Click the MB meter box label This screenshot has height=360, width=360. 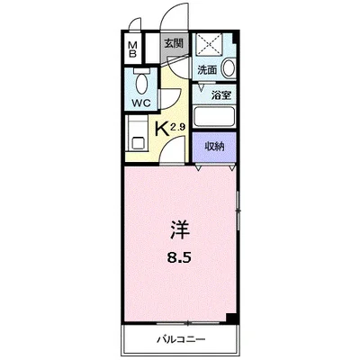coord(132,49)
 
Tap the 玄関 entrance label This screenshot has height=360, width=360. coord(173,44)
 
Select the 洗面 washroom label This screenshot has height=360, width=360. coord(207,70)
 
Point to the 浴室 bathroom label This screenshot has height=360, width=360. coord(221,95)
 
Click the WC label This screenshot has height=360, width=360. coord(141,103)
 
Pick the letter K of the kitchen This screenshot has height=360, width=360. coord(162,130)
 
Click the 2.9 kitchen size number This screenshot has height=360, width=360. coord(177,127)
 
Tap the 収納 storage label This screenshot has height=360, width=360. coord(214,147)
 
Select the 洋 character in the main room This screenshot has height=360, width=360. coord(180,230)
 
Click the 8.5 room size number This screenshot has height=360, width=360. coord(179,258)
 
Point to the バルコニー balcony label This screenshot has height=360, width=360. coord(181,340)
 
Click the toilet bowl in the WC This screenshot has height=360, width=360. coord(141,84)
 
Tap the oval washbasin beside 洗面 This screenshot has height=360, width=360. coord(228,67)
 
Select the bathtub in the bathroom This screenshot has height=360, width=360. coord(214,117)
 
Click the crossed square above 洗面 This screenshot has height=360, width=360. coord(209,45)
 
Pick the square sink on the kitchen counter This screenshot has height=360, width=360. coord(138,142)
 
